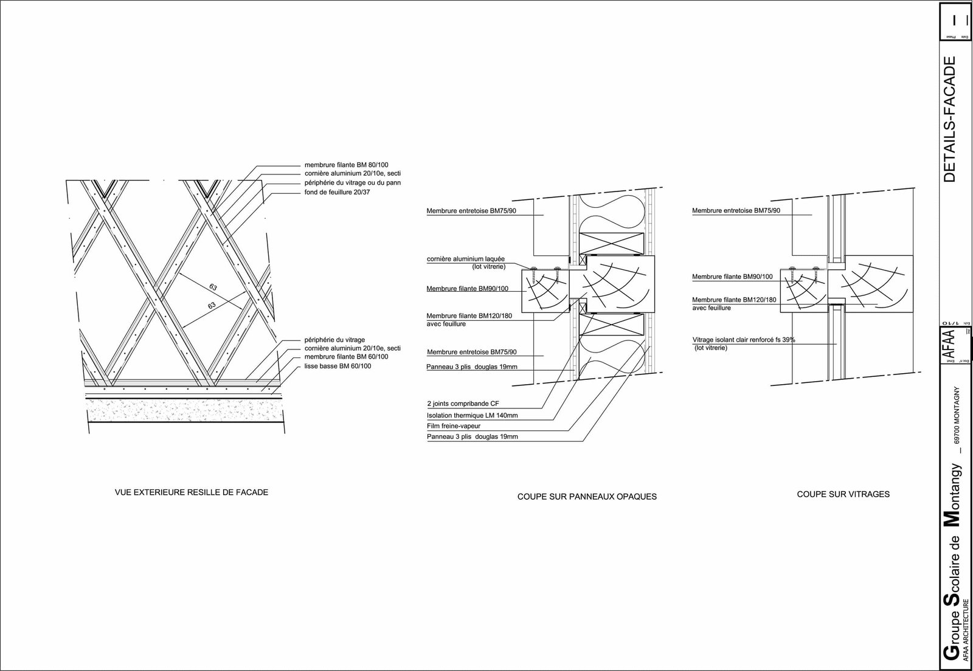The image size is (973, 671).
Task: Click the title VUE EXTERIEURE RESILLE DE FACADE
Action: (191, 492)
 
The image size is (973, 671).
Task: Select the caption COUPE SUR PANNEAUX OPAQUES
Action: (587, 497)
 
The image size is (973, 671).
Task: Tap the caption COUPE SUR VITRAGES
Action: (843, 494)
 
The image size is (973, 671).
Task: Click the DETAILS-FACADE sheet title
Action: (950, 119)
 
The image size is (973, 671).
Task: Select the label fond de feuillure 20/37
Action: (337, 192)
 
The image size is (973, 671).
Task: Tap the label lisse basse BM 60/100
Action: (338, 366)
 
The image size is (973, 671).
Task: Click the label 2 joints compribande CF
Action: (463, 404)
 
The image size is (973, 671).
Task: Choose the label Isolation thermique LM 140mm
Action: (472, 415)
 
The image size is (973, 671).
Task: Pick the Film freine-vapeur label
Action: (454, 426)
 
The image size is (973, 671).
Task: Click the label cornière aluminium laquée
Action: (466, 259)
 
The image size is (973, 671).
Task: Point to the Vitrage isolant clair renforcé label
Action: (743, 340)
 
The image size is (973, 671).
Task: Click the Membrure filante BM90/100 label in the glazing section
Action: (732, 277)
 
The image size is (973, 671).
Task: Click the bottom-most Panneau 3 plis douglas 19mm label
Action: (472, 437)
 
